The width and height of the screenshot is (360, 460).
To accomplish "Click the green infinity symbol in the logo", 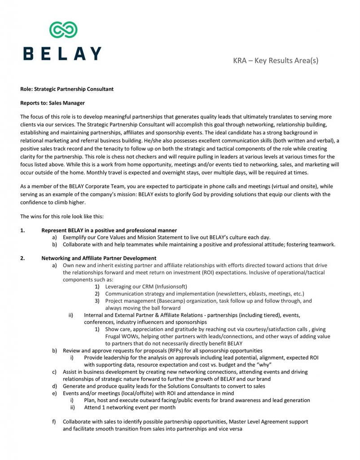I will click(63, 30).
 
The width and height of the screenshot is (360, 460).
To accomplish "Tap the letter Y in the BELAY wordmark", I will click(95, 53).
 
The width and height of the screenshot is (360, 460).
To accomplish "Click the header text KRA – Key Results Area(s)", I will click(276, 60).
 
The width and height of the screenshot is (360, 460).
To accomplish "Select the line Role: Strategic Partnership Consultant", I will click(67, 89).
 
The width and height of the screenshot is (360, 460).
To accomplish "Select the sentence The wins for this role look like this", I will click(62, 216).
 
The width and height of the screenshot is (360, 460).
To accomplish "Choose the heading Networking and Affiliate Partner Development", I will click(99, 258).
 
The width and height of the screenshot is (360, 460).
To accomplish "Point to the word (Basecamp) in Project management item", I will click(165, 301).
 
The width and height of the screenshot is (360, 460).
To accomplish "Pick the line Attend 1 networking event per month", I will click(130, 407).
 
